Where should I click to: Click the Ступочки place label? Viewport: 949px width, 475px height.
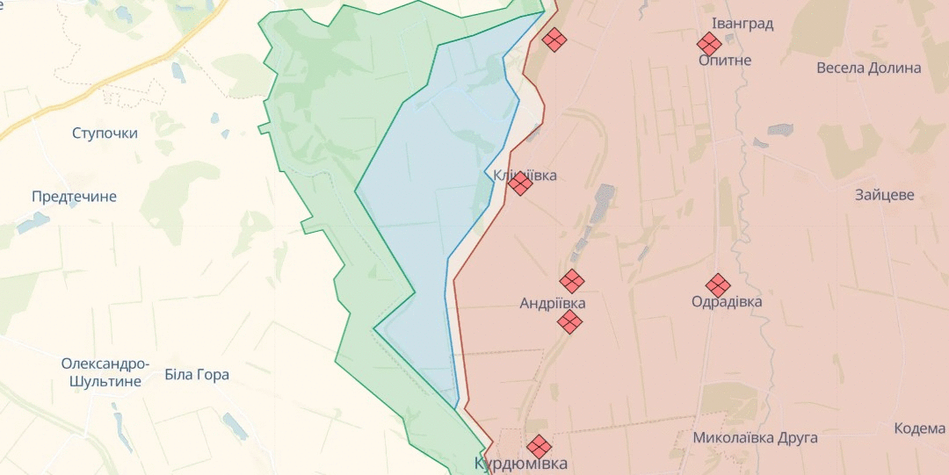click(105, 133)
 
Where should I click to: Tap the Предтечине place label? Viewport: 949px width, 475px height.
click(74, 197)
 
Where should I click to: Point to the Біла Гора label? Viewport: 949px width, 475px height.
click(197, 375)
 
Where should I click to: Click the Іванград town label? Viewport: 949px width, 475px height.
click(743, 24)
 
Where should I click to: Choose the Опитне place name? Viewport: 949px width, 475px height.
click(725, 61)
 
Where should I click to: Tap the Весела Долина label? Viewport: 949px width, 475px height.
click(868, 68)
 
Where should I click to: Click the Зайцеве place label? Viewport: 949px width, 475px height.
click(884, 195)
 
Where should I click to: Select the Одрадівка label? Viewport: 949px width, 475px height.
click(727, 302)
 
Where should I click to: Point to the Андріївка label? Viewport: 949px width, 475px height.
click(553, 303)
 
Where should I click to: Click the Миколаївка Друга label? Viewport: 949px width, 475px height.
click(755, 437)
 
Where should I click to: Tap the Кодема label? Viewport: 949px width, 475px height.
click(919, 428)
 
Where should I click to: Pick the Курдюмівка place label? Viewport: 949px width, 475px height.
click(520, 464)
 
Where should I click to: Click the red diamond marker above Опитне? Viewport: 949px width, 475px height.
click(709, 43)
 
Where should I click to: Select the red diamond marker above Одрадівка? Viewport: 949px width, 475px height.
click(718, 285)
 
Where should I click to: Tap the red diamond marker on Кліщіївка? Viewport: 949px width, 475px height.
click(519, 184)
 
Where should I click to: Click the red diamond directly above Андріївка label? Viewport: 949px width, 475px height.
click(572, 281)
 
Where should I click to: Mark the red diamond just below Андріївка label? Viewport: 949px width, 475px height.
click(570, 322)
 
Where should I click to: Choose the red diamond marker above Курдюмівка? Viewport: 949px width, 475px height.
click(539, 445)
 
